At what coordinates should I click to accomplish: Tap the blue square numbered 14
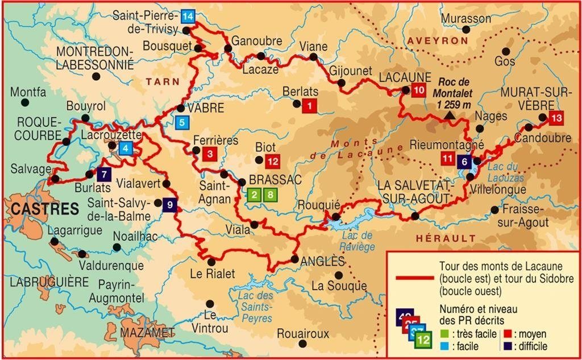187,16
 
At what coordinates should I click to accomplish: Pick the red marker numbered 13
556,118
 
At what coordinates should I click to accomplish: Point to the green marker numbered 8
271,195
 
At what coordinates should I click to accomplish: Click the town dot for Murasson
466,30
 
